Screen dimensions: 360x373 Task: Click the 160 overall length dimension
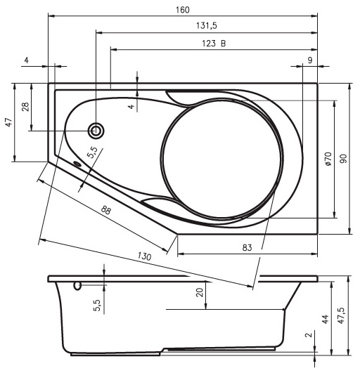(183, 11)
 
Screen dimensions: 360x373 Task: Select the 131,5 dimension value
(207, 26)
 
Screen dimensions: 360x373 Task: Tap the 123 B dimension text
(214, 44)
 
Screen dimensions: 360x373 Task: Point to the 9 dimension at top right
(310, 60)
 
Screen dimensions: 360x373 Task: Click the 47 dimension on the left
(9, 122)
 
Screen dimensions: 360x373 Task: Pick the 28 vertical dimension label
(25, 107)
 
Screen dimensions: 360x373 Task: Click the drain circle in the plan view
(96, 131)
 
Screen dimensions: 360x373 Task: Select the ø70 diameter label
(328, 159)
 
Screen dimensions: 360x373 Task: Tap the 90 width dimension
(343, 159)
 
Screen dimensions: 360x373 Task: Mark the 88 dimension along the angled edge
(106, 210)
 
